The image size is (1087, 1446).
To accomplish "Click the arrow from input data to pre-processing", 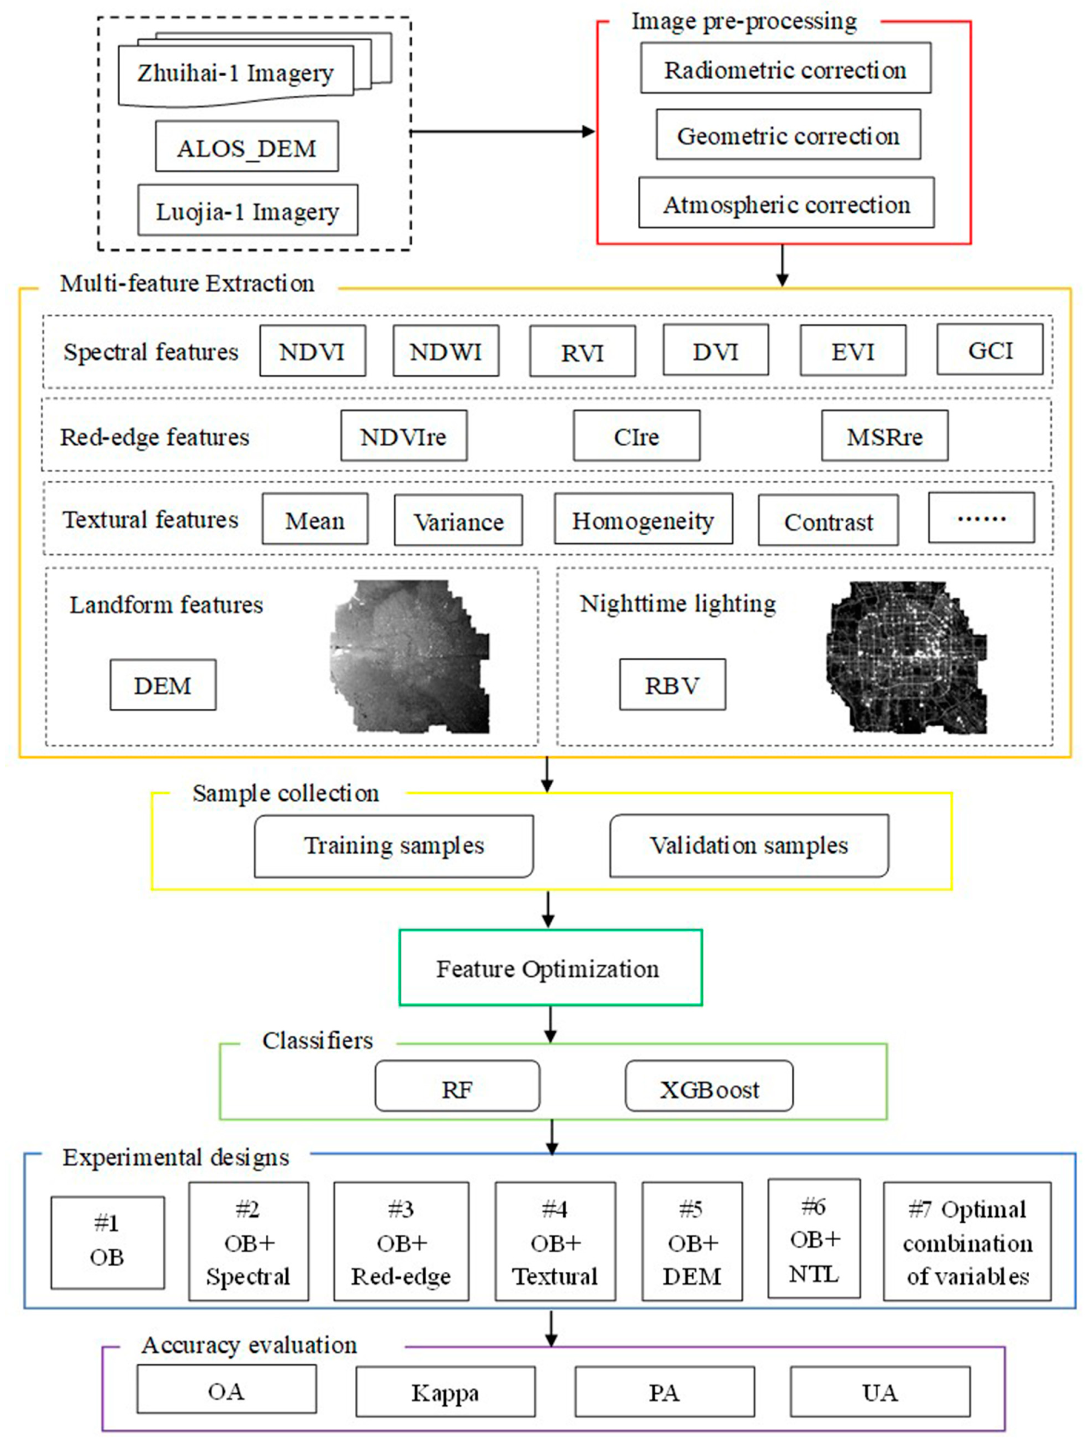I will pos(502,131).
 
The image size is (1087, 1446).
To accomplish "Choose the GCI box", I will pos(989,350).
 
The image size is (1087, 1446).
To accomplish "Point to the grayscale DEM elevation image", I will pos(410,656).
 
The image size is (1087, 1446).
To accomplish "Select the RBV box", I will pos(672,685).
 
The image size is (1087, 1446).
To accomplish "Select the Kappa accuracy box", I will pos(445,1393).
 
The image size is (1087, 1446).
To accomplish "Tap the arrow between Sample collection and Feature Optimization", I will pos(549,909).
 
